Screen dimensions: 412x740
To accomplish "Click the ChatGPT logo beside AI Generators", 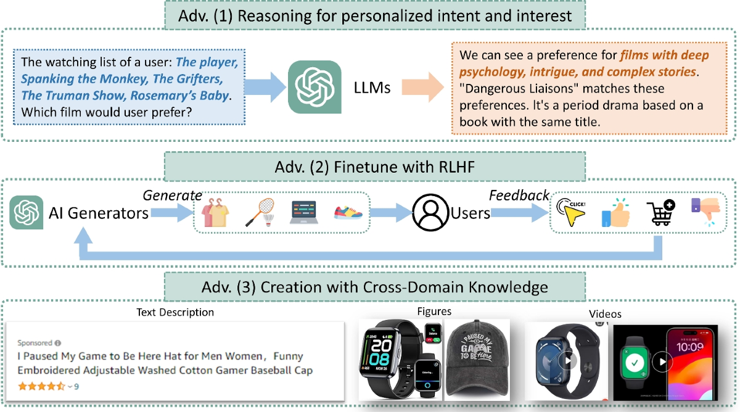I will point(27,213).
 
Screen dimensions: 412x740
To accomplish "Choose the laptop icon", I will point(303,213).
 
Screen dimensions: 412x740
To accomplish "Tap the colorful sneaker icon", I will point(348,213).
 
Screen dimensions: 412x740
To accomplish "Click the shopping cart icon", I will point(659,213).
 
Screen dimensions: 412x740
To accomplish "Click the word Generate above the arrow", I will point(167,196).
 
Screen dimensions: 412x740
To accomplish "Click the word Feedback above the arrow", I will point(519,196).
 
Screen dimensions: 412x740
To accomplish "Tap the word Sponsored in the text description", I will point(35,342).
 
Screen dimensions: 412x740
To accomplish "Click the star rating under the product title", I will point(41,386).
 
